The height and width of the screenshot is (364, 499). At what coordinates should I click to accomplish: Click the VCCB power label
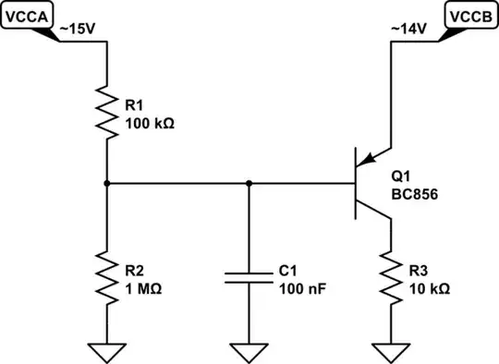[x=472, y=15]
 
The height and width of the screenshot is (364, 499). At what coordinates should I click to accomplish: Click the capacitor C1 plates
[x=248, y=278]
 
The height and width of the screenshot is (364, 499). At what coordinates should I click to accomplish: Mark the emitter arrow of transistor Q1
[x=374, y=159]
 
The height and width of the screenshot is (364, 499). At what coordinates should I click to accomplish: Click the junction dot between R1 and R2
[x=107, y=184]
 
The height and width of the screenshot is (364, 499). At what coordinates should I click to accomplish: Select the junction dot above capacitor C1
[x=248, y=184]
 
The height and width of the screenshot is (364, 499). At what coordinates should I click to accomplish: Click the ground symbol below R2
[x=107, y=351]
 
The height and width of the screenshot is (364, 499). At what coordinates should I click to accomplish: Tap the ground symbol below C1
[x=248, y=351]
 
